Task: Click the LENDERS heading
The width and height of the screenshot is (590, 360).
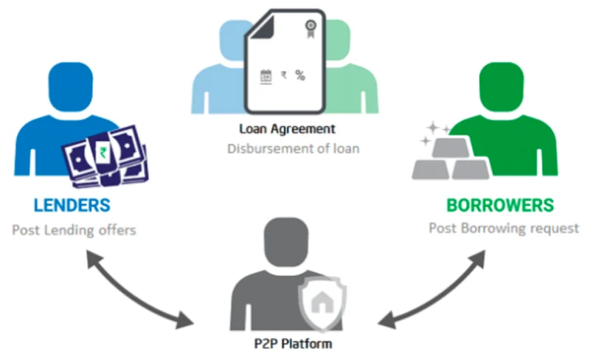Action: [72, 205]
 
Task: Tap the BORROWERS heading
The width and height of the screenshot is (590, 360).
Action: [500, 205]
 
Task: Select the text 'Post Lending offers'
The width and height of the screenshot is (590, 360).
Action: [74, 229]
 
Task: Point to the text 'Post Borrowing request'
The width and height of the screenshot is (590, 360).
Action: [504, 228]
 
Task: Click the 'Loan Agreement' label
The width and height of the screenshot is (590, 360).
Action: [287, 129]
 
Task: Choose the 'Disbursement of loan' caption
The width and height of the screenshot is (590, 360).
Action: [294, 148]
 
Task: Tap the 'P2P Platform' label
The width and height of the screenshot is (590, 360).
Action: [293, 344]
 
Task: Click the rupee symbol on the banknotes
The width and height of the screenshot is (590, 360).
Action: [103, 152]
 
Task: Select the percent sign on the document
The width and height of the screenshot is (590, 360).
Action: [300, 75]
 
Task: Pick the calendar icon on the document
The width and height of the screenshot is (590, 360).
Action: [266, 77]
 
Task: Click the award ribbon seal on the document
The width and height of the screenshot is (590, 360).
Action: [310, 29]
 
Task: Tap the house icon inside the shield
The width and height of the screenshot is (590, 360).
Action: [322, 302]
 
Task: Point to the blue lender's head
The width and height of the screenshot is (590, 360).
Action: [71, 87]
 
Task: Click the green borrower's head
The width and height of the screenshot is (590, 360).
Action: [502, 87]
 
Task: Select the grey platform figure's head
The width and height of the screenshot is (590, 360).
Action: [286, 242]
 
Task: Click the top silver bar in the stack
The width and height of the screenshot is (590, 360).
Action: [451, 148]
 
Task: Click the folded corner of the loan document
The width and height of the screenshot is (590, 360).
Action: [263, 27]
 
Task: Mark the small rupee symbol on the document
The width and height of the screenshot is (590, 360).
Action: [284, 75]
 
